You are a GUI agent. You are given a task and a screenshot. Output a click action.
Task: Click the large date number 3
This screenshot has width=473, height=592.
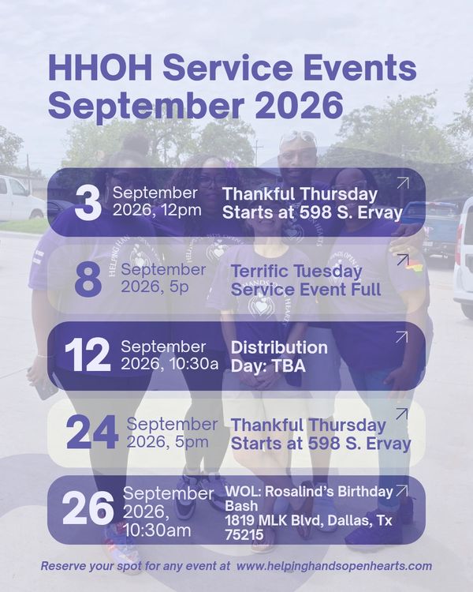88,203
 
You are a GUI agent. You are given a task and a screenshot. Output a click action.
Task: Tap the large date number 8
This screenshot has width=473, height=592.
88,279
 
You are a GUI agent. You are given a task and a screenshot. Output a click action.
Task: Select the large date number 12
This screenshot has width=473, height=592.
88,355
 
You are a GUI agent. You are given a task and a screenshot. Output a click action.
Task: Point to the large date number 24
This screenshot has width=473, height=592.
92,432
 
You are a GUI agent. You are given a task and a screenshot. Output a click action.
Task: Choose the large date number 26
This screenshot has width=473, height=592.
88,508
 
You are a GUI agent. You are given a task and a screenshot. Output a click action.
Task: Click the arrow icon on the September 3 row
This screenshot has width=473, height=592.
403,183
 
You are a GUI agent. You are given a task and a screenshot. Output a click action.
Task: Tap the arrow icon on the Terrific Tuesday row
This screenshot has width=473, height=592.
403,260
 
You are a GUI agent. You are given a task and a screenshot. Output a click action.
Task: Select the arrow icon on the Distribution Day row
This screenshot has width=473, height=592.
402,337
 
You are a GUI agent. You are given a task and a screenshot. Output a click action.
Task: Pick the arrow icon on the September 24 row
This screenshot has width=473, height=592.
402,414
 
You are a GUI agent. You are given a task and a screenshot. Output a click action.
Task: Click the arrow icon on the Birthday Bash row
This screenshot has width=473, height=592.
402,490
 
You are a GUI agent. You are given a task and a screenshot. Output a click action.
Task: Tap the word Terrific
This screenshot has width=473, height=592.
259,271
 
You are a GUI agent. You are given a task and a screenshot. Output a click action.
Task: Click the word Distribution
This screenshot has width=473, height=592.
279,347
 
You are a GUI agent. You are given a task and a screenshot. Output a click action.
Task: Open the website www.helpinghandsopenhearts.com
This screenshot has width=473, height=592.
334,566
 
